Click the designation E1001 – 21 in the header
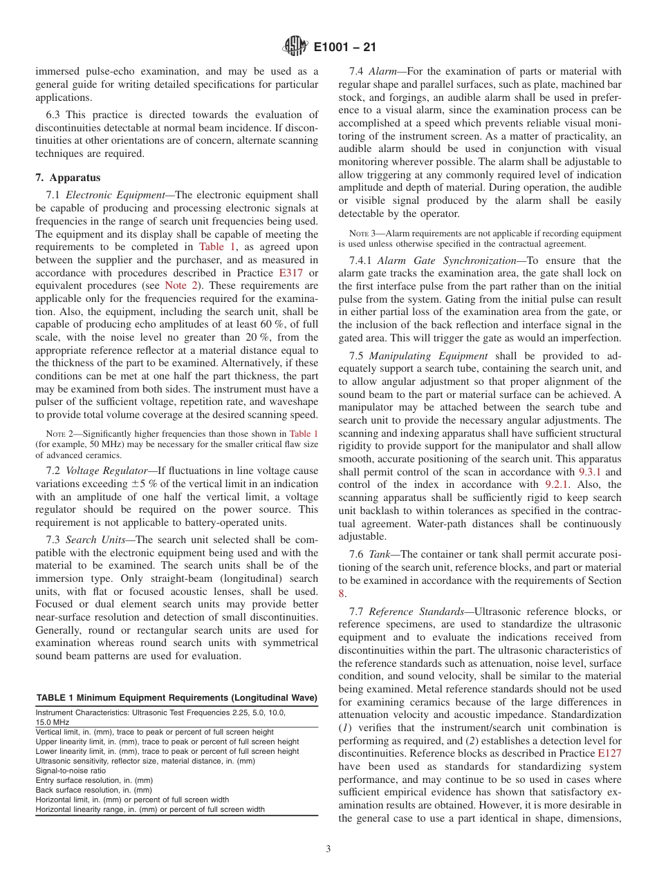pyautogui.click(x=344, y=48)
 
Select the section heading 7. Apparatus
pyautogui.click(x=68, y=178)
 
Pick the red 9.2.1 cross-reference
pyautogui.click(x=557, y=485)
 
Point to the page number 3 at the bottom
pyautogui.click(x=328, y=849)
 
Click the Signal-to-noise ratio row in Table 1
pyautogui.click(x=71, y=770)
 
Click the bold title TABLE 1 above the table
pyautogui.click(x=57, y=697)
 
